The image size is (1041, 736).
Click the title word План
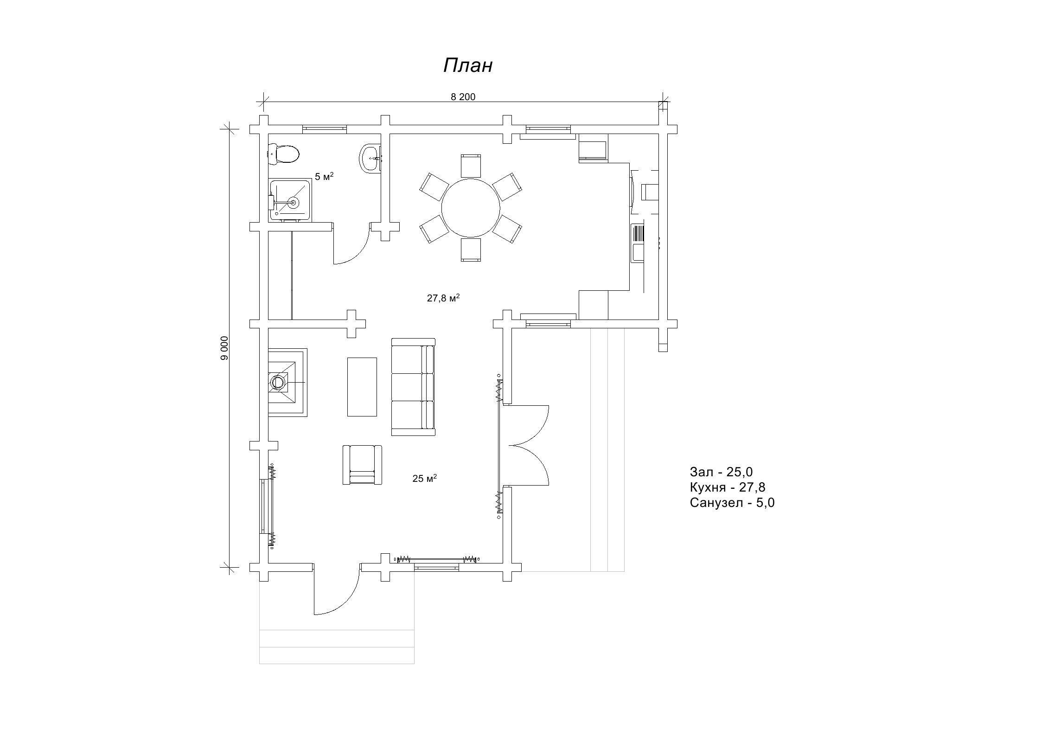coord(467,66)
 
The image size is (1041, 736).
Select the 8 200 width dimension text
coord(463,97)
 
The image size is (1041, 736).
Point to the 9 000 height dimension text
coord(225,348)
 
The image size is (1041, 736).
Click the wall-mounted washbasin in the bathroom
coord(370,158)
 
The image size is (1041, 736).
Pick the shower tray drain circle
coord(293,202)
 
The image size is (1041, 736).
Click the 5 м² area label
coord(324,176)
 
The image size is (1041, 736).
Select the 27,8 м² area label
coord(443,298)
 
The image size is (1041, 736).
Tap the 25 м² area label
coord(425,478)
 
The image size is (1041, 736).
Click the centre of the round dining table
coord(471,208)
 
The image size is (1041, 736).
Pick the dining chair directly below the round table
coord(471,250)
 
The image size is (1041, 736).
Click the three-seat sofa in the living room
coord(414,387)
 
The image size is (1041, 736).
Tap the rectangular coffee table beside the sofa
coord(362,387)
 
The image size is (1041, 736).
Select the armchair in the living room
coord(362,465)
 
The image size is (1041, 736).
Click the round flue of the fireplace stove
coord(278,383)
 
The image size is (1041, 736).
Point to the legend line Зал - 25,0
coord(721,472)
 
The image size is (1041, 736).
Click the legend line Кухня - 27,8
coord(728,487)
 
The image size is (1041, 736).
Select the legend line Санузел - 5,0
coord(732,503)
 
